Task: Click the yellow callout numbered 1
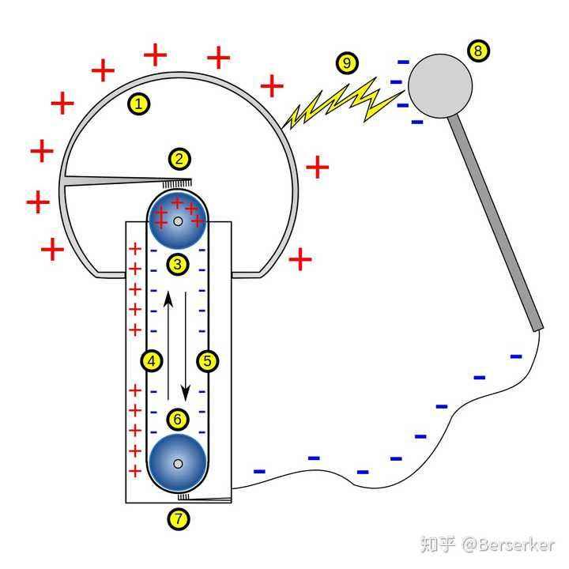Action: pos(139,103)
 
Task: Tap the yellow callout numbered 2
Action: pos(179,159)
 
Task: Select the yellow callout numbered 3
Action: pos(178,264)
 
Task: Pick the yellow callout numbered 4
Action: pos(152,361)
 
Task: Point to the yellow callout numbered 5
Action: pos(207,361)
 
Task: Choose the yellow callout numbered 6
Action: pos(178,420)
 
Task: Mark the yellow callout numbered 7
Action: pos(179,519)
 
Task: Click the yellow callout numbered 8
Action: pos(478,51)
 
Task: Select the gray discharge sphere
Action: pos(439,85)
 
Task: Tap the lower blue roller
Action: pos(178,463)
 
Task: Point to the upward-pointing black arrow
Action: pos(168,332)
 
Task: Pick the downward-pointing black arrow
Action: pos(187,348)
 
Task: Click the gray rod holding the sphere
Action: pos(498,221)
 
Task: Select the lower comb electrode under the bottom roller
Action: pos(205,498)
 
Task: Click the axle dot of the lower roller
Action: pos(178,463)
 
